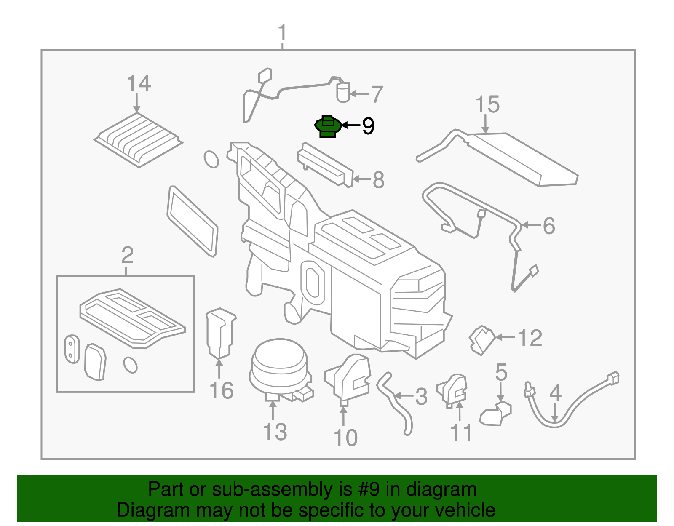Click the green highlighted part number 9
[x=328, y=126]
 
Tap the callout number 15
[x=487, y=104]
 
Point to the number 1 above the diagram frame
[x=282, y=32]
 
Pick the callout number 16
[x=222, y=390]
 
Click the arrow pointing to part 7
[x=359, y=93]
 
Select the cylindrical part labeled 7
[x=343, y=92]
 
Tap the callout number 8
[x=378, y=180]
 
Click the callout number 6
[x=549, y=226]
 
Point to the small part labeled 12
[x=482, y=340]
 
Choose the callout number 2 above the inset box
[x=128, y=255]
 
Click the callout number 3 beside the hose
[x=421, y=396]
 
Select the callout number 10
[x=345, y=438]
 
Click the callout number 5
[x=501, y=372]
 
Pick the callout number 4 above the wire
[x=555, y=392]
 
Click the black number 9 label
[x=369, y=126]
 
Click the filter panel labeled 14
[x=138, y=140]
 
